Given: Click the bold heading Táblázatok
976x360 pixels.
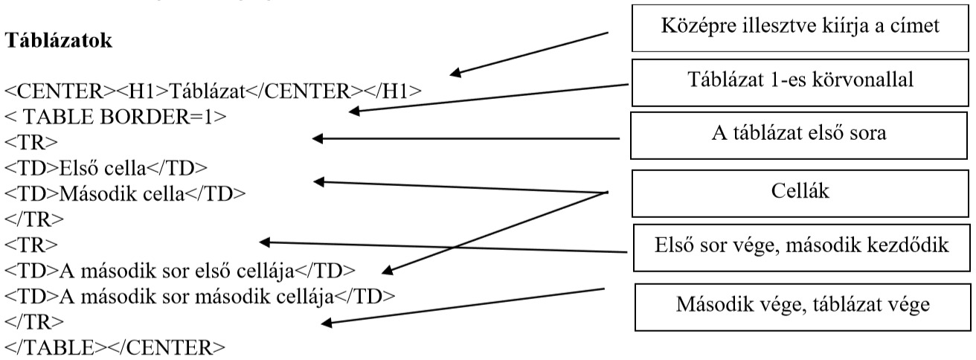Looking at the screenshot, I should tap(60, 42).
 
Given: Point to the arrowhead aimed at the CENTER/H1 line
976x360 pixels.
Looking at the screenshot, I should tap(456, 74).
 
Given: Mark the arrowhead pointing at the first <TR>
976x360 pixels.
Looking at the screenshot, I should tap(316, 138).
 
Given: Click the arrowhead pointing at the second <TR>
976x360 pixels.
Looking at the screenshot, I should tap(263, 242).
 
